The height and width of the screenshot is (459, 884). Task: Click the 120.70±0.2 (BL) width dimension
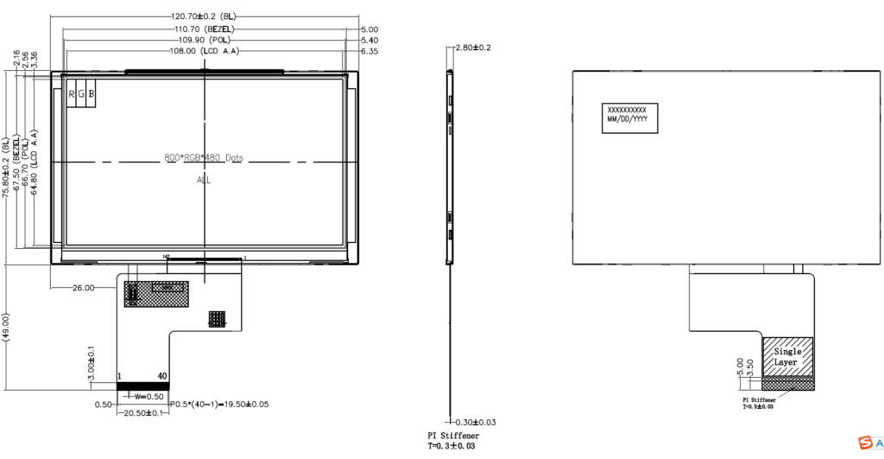click(204, 16)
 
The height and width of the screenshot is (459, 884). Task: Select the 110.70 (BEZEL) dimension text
click(204, 29)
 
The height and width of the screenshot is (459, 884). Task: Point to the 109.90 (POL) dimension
click(204, 40)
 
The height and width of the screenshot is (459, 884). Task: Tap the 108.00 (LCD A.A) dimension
click(204, 51)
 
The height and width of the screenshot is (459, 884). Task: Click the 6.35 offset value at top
click(369, 51)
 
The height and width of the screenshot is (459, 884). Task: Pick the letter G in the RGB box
click(82, 93)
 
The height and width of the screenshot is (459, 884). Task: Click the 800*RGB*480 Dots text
click(204, 158)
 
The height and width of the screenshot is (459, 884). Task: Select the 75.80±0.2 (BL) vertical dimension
click(7, 168)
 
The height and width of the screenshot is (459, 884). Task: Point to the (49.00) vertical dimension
click(7, 328)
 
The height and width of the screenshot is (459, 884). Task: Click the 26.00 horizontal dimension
click(84, 288)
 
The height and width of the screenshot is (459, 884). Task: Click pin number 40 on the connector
click(162, 377)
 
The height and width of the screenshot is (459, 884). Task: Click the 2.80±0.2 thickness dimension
click(473, 48)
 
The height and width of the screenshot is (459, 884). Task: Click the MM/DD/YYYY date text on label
click(628, 119)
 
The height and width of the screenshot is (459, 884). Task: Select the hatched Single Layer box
click(786, 356)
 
